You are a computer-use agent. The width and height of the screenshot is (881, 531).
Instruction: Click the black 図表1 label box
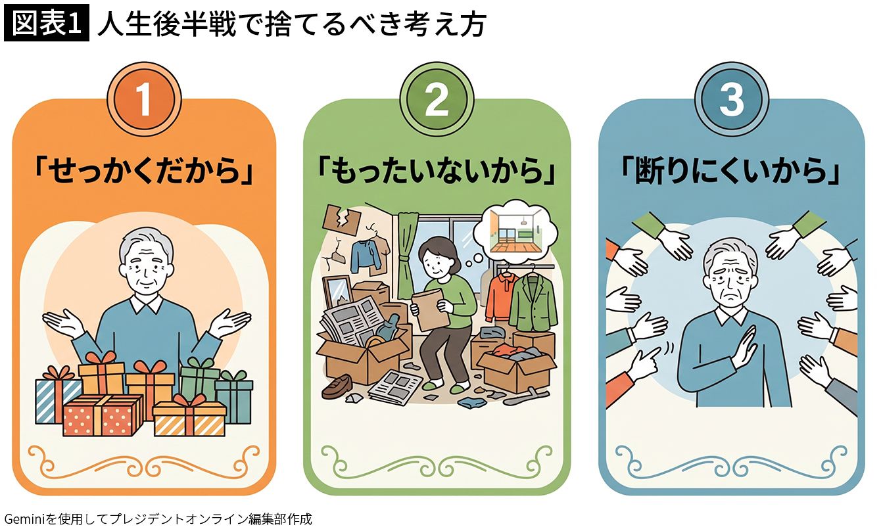click(47, 23)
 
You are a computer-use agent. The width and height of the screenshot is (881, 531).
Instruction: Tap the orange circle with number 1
click(144, 100)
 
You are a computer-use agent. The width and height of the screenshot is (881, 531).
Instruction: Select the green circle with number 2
click(437, 100)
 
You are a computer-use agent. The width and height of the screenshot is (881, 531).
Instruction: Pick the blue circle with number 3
click(731, 100)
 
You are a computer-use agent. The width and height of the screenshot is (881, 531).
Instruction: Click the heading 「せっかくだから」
click(144, 172)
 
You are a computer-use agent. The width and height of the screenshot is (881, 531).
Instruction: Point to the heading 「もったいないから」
click(437, 172)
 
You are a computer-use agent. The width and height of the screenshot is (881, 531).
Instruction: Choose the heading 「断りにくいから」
click(731, 172)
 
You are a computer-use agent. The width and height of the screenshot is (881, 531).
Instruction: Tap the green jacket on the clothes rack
click(533, 302)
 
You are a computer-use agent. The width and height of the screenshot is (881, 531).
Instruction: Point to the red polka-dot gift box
click(103, 415)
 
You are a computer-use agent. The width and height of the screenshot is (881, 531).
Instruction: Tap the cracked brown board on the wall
click(341, 220)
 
